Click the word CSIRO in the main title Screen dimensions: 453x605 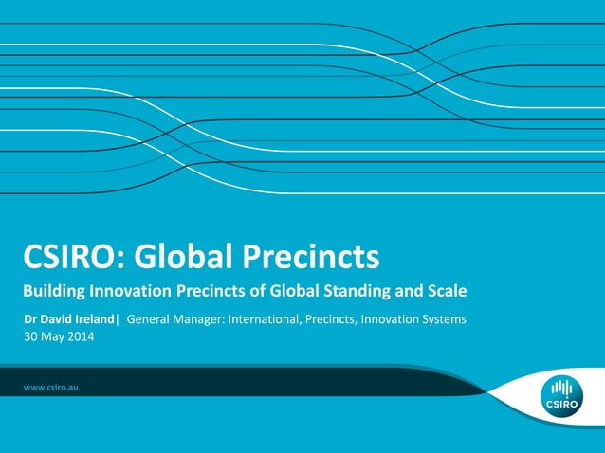(74, 256)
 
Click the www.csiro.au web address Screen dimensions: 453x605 (50, 388)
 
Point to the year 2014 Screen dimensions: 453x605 (81, 335)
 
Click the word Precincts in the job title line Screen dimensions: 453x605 (332, 319)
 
